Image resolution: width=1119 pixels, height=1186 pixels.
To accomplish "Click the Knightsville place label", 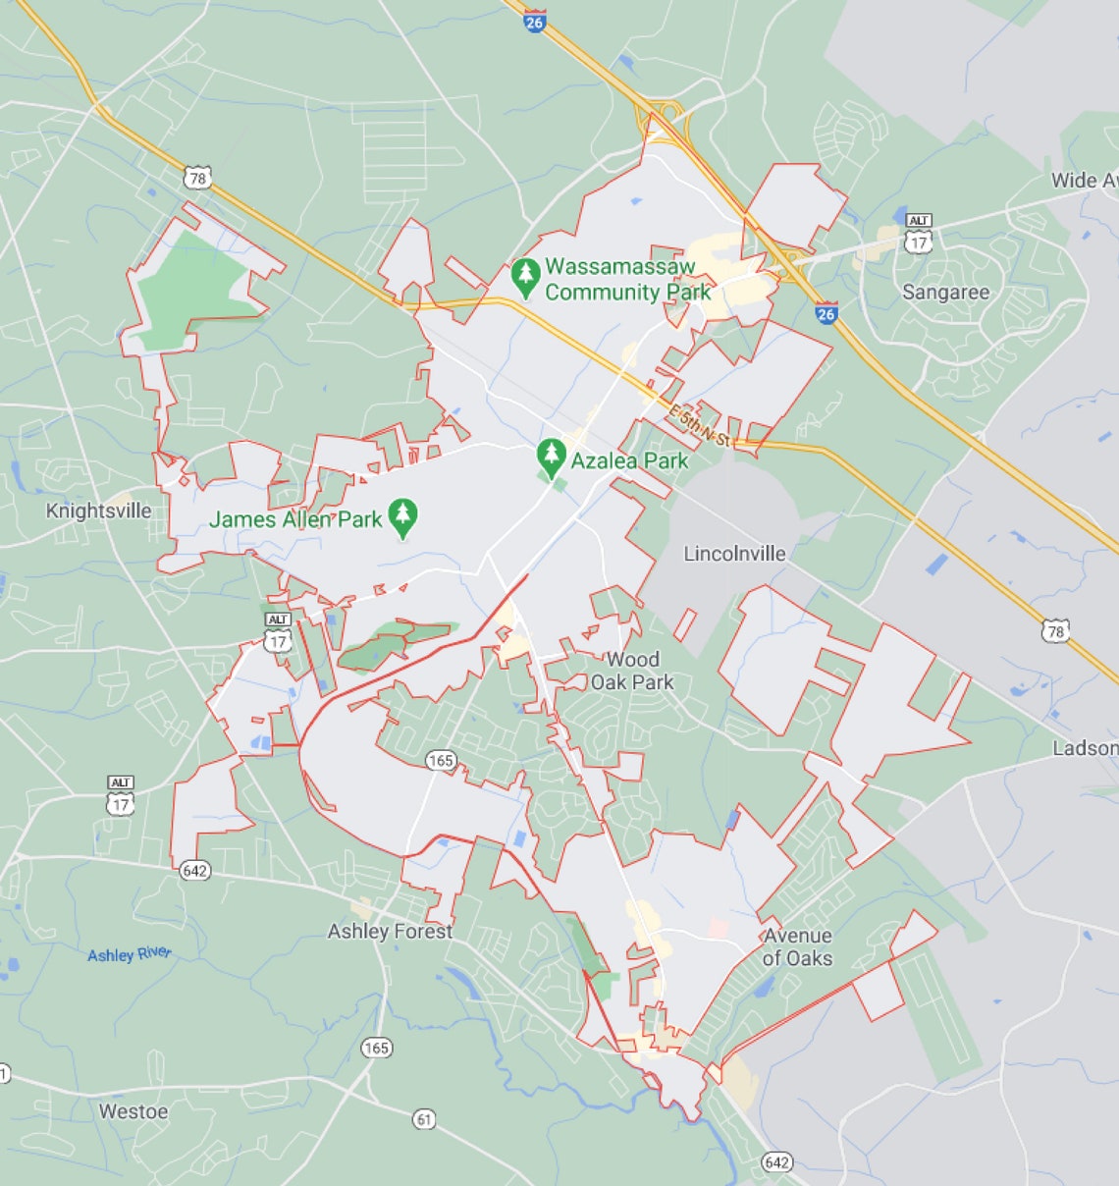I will [x=99, y=511].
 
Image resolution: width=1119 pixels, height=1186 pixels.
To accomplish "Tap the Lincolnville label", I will [x=734, y=554].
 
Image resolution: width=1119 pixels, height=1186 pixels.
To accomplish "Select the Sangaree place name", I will [x=945, y=293].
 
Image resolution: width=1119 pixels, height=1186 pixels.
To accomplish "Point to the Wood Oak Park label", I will [x=632, y=671].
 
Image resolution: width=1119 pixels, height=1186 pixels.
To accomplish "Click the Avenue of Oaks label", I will [x=797, y=947].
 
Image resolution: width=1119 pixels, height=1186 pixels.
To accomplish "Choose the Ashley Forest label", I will [x=390, y=931].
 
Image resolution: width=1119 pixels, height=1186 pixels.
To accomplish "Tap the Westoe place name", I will [x=133, y=1111].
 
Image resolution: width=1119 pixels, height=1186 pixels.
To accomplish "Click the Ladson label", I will [x=1085, y=748].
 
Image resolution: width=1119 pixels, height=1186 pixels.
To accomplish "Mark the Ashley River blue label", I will [x=129, y=954].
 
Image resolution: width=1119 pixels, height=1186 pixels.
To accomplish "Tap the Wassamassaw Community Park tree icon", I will [x=526, y=278].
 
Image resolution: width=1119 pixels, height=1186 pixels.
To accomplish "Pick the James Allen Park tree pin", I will [x=402, y=517].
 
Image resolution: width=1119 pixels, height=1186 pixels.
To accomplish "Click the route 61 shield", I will [x=424, y=1118].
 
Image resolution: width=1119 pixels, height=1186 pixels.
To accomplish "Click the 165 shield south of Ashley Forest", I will [x=377, y=1048].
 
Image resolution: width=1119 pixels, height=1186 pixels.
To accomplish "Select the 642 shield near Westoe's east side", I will [x=776, y=1162].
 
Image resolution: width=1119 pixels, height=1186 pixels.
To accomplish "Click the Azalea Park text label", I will [x=629, y=460].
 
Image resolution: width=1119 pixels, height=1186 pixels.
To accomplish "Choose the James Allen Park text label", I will [x=294, y=519].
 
